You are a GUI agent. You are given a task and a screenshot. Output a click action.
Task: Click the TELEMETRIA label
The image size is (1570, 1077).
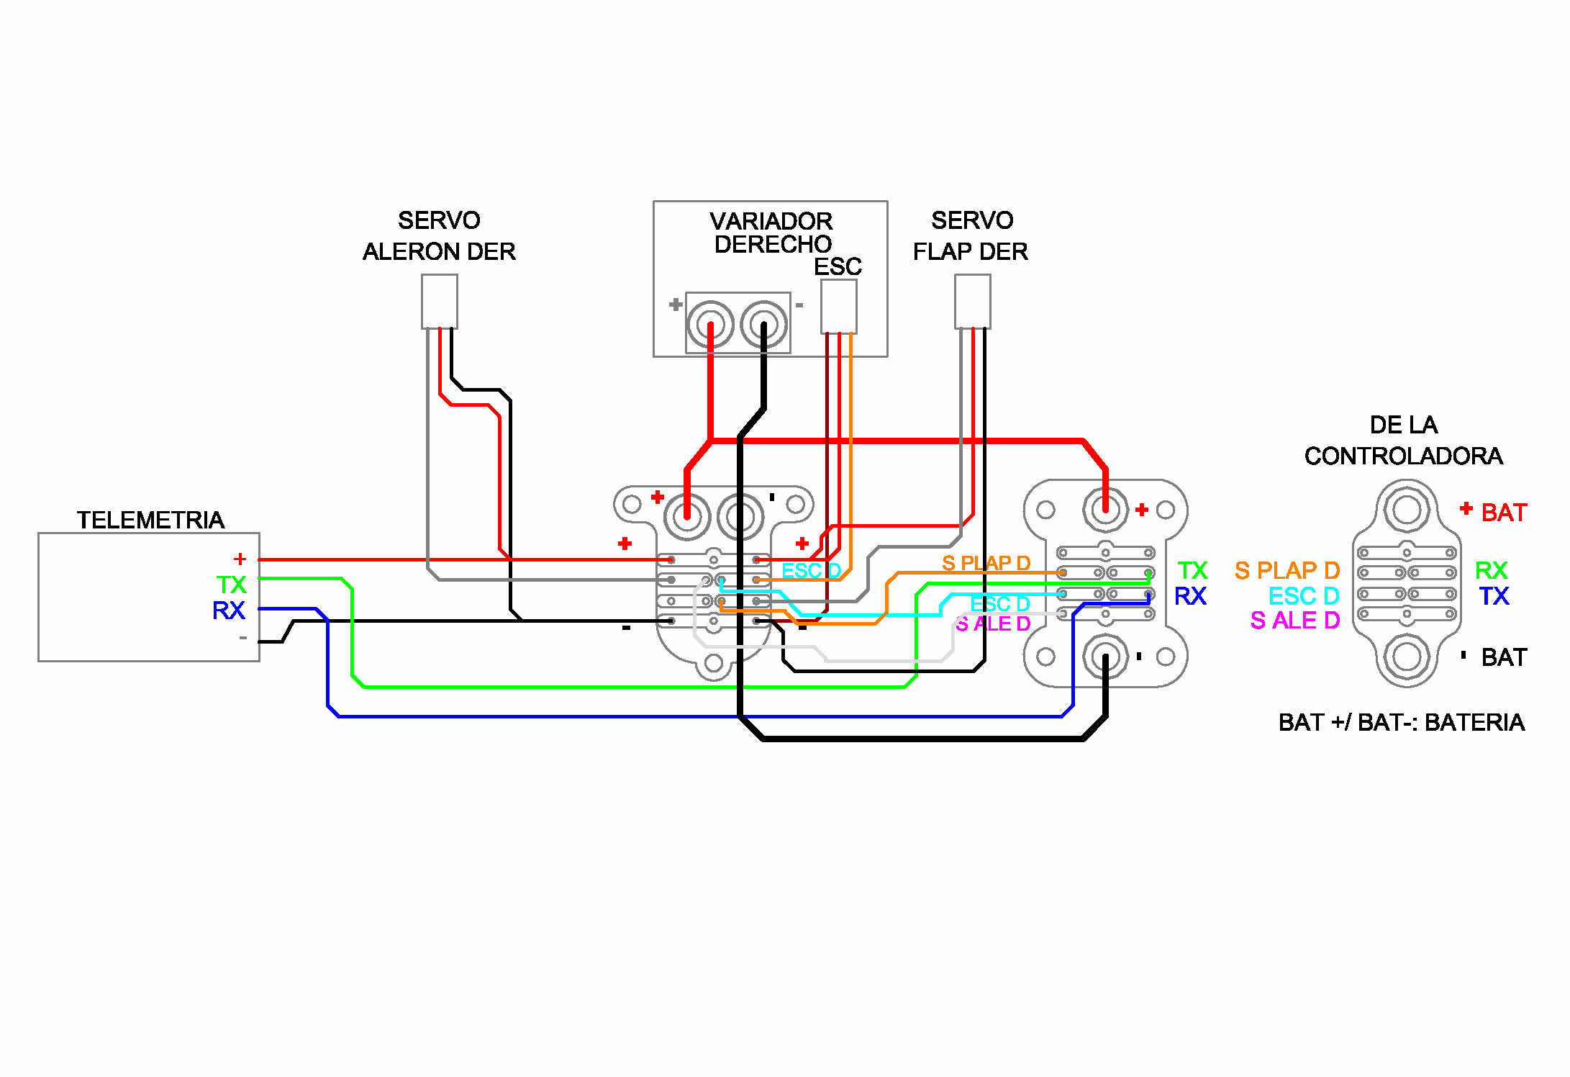[x=150, y=520]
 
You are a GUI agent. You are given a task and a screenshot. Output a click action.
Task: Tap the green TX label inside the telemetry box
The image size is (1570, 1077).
[x=232, y=585]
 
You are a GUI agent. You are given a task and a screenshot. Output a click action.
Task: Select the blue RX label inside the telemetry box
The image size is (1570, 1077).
[x=229, y=610]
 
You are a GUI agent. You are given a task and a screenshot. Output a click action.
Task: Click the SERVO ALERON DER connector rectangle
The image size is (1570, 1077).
[x=439, y=302]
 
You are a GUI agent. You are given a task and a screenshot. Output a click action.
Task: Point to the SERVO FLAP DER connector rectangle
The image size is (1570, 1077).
[x=972, y=302]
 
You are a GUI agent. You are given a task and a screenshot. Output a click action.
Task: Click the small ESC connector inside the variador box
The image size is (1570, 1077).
[x=839, y=307]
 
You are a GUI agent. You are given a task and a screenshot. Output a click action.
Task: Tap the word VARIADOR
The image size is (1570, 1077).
[x=771, y=221]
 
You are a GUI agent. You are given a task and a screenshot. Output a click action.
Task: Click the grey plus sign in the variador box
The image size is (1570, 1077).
[x=675, y=305]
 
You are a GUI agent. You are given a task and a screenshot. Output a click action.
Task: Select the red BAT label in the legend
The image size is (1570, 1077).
[x=1504, y=513]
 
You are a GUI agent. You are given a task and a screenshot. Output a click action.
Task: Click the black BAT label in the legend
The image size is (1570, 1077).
[x=1504, y=657]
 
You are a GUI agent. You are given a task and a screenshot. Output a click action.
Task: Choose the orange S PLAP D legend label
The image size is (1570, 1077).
[x=1287, y=571]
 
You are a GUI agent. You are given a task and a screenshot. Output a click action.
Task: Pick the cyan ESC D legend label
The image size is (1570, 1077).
[x=1304, y=596]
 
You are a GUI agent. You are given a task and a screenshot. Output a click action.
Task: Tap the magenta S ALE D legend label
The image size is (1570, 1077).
[x=1295, y=621]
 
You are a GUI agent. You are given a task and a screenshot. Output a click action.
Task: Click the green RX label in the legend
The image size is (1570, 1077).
[x=1491, y=571]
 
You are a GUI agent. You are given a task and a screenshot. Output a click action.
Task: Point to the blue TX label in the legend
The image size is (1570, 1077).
[x=1494, y=596]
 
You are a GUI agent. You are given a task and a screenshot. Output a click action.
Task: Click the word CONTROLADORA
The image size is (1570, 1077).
[x=1403, y=456]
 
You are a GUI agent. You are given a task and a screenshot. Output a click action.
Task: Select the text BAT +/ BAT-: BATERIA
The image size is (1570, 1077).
[x=1402, y=722]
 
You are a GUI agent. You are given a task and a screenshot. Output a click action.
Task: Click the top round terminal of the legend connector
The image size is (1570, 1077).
[x=1407, y=510]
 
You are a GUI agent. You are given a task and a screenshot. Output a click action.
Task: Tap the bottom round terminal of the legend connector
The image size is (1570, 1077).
[x=1407, y=657]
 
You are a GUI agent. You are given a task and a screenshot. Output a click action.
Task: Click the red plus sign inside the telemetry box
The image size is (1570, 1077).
[x=240, y=559]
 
